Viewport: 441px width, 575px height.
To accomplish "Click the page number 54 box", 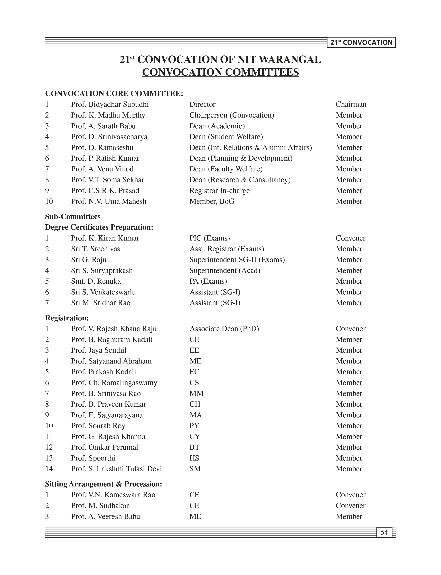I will click(x=384, y=532).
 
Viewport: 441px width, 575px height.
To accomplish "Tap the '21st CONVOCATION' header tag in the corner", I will click(x=361, y=43).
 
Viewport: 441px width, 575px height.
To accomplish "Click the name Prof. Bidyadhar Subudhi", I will click(x=110, y=104).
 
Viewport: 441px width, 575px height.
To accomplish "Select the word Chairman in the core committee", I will click(x=351, y=104).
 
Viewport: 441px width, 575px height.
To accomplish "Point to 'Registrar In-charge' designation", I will click(x=219, y=190).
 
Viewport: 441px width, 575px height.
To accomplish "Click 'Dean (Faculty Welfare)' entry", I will click(x=226, y=169).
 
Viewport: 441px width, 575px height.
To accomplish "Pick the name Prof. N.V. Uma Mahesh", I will click(x=109, y=201).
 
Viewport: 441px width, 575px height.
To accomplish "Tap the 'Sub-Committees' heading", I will click(x=73, y=216).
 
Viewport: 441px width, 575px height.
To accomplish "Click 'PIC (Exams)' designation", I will click(x=210, y=238).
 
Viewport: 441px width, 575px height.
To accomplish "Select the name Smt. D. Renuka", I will click(x=96, y=281).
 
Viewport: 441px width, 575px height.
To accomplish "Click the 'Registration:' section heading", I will click(x=67, y=318).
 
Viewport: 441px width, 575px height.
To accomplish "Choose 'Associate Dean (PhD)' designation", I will click(x=224, y=329).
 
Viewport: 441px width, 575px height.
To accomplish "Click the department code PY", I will click(x=194, y=426).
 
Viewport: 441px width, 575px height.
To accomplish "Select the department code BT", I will click(x=194, y=447).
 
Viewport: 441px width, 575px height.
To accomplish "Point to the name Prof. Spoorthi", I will click(x=93, y=458).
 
